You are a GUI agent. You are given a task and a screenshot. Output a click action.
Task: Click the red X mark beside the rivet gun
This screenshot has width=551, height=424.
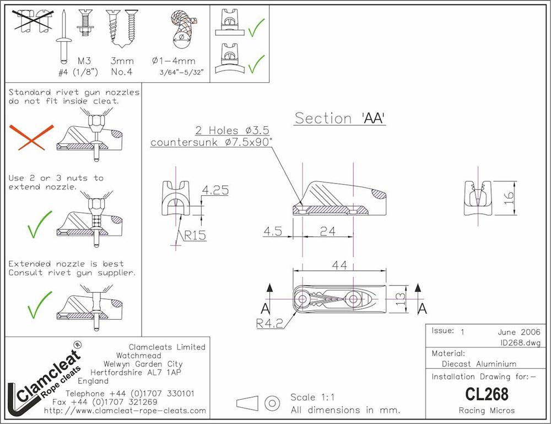31,137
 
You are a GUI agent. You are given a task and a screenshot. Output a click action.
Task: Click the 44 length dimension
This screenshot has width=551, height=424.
339,265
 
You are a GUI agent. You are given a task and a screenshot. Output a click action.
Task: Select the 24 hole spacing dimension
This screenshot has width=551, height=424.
327,231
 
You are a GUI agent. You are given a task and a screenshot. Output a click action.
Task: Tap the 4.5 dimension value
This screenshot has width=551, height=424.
273,231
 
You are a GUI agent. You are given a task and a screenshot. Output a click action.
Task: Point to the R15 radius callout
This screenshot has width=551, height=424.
195,235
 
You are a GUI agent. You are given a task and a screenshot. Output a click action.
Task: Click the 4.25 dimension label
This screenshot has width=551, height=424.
215,190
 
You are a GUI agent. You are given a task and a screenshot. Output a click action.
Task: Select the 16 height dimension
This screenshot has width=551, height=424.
509,198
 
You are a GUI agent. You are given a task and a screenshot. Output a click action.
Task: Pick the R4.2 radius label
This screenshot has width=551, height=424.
269,324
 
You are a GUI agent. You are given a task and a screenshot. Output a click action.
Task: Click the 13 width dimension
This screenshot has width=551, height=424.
400,299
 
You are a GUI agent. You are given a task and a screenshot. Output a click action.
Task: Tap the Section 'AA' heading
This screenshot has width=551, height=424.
340,118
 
